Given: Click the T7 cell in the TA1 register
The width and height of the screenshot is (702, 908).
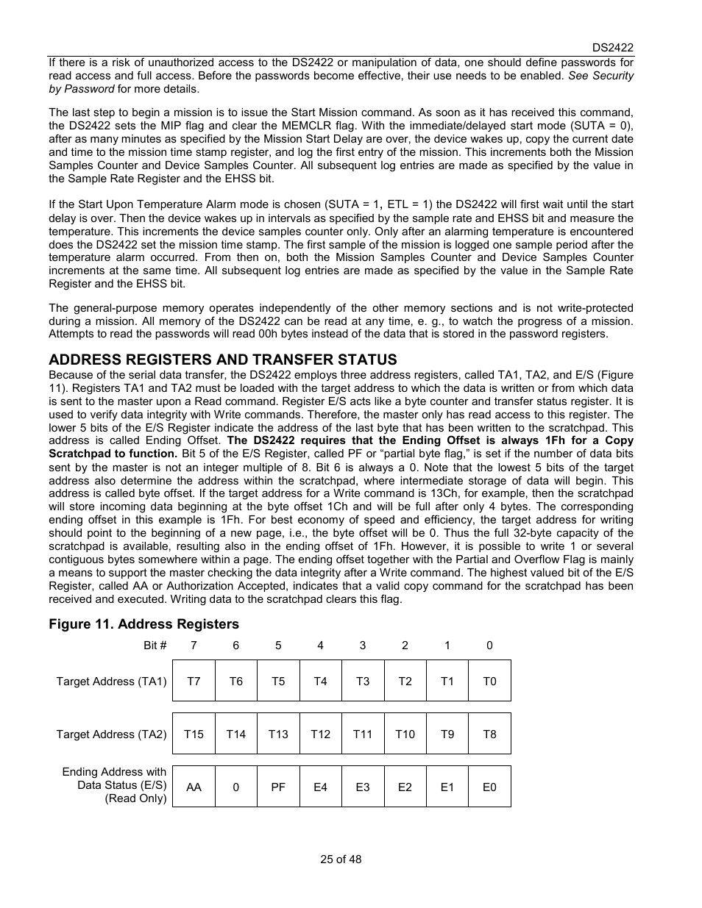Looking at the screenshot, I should tap(194, 681).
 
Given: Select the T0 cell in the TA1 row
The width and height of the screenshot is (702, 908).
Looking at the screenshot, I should tap(489, 681).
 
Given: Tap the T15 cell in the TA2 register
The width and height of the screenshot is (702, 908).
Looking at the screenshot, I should tap(194, 734).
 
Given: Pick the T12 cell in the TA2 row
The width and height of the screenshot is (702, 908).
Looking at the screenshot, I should tap(320, 734).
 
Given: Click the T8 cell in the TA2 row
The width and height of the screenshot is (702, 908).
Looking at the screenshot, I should tap(489, 734).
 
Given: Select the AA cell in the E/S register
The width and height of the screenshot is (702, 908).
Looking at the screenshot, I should tap(194, 787).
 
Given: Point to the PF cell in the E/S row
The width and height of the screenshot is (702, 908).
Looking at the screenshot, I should tap(278, 787).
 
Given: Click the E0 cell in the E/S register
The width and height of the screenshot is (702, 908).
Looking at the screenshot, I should tap(489, 787).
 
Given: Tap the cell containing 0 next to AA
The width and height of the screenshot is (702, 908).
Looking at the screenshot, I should tap(235, 787).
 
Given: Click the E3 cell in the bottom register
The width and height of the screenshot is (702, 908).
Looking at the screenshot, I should tap(363, 787).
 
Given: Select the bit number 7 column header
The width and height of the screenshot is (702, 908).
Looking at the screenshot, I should tap(194, 646).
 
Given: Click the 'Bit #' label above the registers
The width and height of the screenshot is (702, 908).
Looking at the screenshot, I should tap(155, 646).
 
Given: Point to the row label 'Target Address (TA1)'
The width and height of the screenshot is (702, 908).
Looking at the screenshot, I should tap(111, 682).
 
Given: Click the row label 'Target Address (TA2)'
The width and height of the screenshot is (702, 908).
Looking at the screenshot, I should tap(111, 734).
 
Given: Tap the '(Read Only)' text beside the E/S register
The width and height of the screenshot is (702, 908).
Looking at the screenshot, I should tap(135, 799).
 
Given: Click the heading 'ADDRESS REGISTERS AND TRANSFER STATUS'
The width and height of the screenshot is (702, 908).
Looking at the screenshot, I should tap(223, 360).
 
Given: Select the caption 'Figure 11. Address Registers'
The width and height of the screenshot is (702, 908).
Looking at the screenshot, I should tap(144, 624).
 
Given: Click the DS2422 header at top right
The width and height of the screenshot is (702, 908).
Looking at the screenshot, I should tap(613, 47).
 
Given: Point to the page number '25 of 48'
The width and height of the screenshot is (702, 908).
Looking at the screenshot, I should tap(341, 859).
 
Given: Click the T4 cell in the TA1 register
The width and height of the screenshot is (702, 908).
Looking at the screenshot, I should tap(320, 681).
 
